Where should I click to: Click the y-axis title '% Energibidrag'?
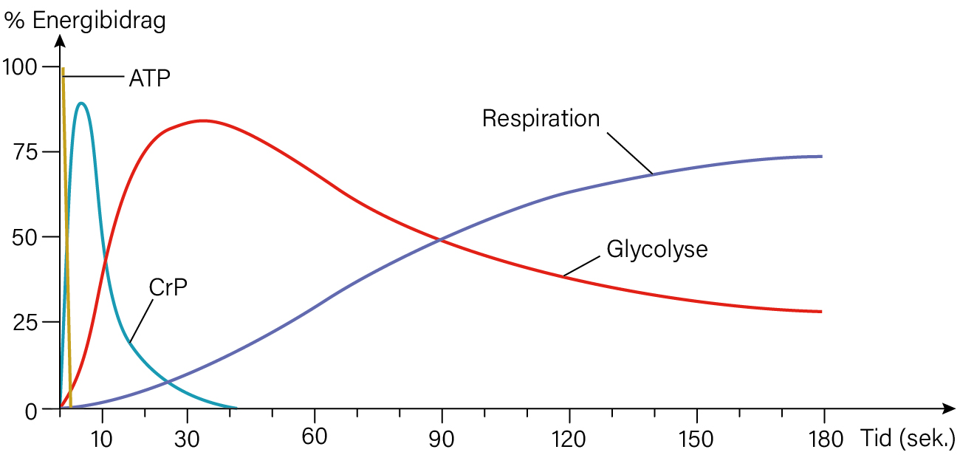pyautogui.click(x=85, y=21)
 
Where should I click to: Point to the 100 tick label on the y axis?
pyautogui.click(x=20, y=67)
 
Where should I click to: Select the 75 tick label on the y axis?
pyautogui.click(x=25, y=152)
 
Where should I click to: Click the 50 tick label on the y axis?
pyautogui.click(x=25, y=237)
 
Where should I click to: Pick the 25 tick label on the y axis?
pyautogui.click(x=25, y=323)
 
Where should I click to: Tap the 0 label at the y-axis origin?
pyautogui.click(x=31, y=411)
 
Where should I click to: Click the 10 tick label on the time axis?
pyautogui.click(x=101, y=439)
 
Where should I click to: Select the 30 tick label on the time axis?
pyautogui.click(x=187, y=439)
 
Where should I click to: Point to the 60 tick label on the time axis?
pyautogui.click(x=314, y=437)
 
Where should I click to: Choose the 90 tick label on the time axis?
pyautogui.click(x=442, y=439)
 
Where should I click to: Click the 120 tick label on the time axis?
pyautogui.click(x=569, y=439)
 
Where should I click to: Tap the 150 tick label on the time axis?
pyautogui.click(x=696, y=439)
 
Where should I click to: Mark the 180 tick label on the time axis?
pyautogui.click(x=826, y=439)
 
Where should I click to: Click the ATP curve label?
pyautogui.click(x=150, y=78)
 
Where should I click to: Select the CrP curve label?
pyautogui.click(x=168, y=287)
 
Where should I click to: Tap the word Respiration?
pyautogui.click(x=541, y=119)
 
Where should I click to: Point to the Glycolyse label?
pyautogui.click(x=657, y=250)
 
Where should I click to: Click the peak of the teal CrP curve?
pyautogui.click(x=81, y=103)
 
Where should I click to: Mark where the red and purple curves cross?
pyautogui.click(x=439, y=240)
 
